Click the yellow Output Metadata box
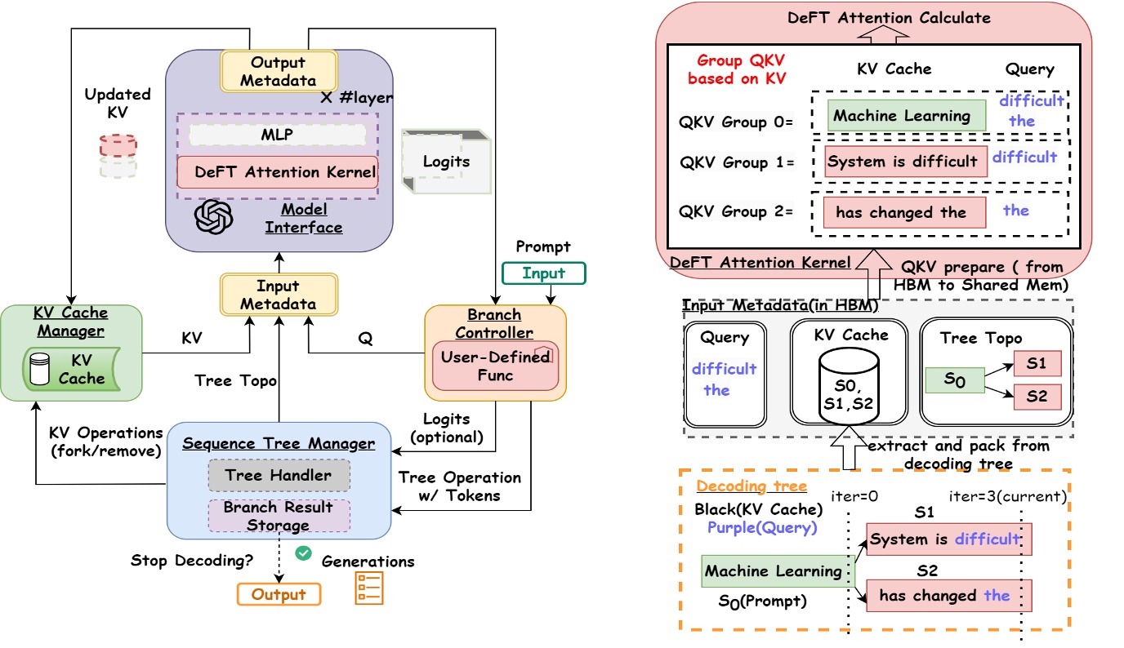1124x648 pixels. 278,71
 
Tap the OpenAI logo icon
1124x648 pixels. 213,217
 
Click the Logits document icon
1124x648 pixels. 446,161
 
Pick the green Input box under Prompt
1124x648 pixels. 544,273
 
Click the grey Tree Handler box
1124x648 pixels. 279,475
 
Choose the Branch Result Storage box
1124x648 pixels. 279,516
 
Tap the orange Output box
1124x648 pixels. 279,594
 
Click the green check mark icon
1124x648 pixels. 304,553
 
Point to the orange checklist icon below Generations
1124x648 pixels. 368,588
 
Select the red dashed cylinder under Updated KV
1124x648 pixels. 118,145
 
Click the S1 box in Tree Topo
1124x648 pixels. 1037,363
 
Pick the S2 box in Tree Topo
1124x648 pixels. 1037,397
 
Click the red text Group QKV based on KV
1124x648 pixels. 736,70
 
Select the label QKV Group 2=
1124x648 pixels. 736,211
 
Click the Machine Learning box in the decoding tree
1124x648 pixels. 773,571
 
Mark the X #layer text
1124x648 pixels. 356,98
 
